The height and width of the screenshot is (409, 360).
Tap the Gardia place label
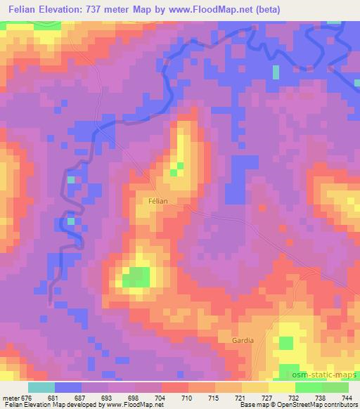pyautogui.click(x=242, y=340)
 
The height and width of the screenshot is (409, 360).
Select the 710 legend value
pyautogui.click(x=188, y=397)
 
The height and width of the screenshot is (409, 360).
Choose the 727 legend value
pyautogui.click(x=268, y=397)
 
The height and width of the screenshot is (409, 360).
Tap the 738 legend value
pyautogui.click(x=321, y=397)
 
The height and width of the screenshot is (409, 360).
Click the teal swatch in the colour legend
pyautogui.click(x=41, y=387)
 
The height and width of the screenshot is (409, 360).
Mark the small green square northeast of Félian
pyautogui.click(x=176, y=169)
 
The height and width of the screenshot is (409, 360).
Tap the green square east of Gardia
pyautogui.click(x=285, y=343)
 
